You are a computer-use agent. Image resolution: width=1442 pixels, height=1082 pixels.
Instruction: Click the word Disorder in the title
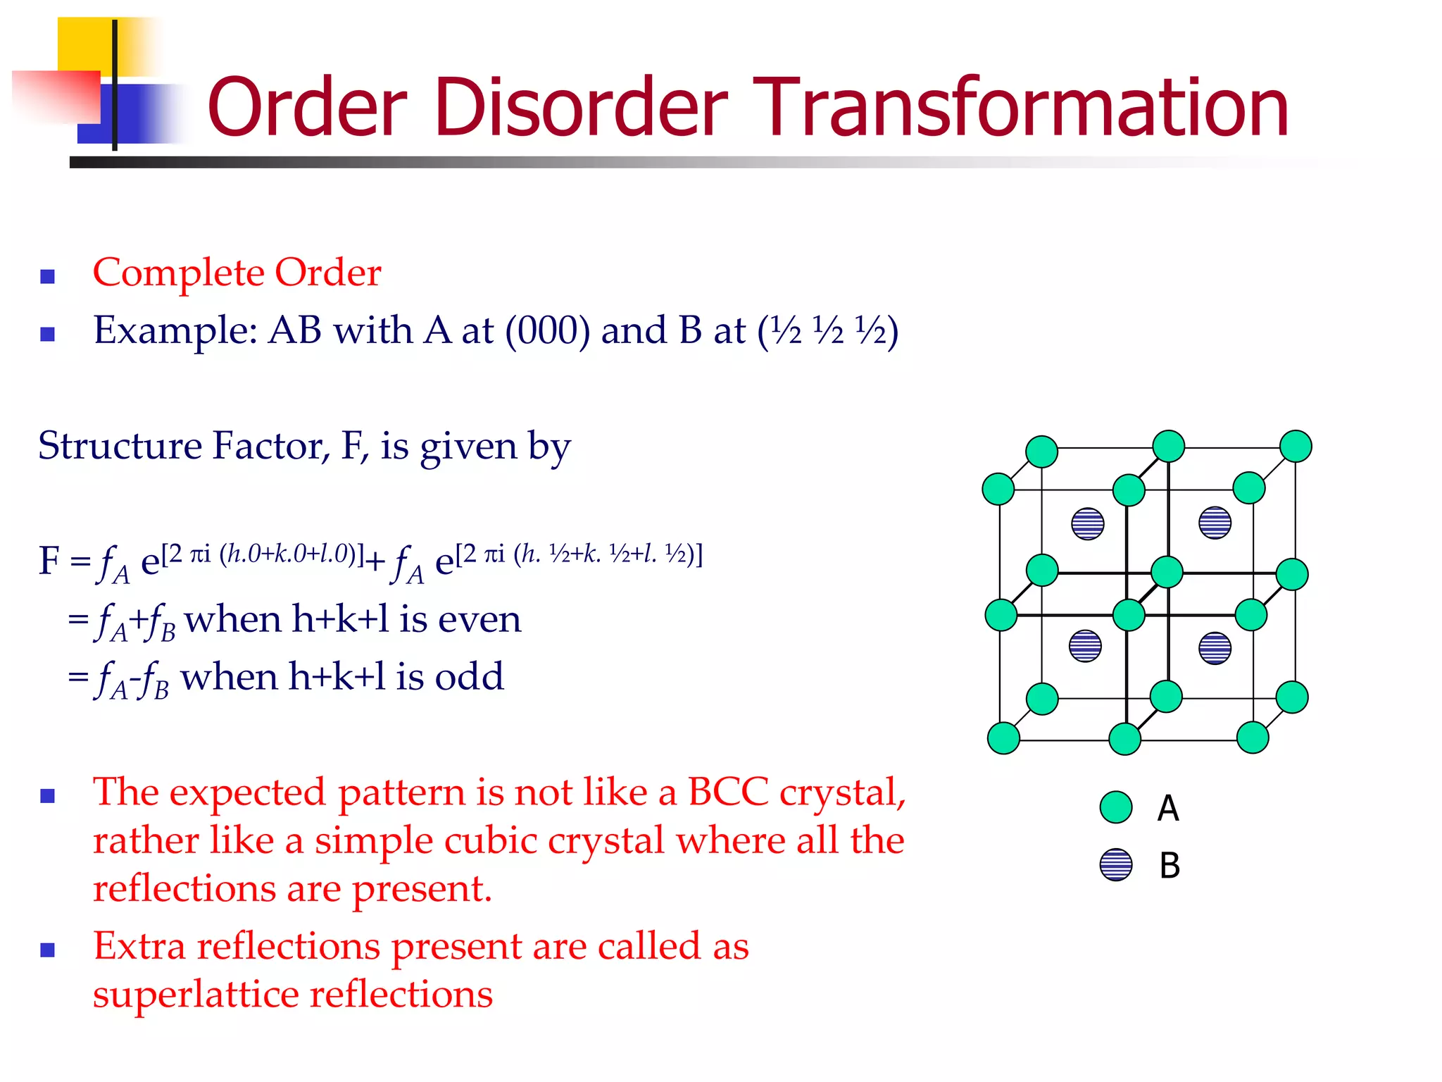pos(581,107)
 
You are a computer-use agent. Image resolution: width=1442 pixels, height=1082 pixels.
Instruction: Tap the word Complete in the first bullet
pos(178,273)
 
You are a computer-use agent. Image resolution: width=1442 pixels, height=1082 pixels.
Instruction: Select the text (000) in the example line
pos(547,330)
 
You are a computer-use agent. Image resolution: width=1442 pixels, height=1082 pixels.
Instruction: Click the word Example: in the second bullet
pos(175,330)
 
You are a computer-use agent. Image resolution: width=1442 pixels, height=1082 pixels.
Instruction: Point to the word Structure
pos(120,445)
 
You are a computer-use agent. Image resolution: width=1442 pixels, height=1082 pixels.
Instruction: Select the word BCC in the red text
pos(727,792)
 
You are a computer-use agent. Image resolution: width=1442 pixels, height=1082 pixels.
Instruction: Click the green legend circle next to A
pos(1116,807)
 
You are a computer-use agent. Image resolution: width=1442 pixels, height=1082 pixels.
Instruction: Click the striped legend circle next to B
pos(1116,864)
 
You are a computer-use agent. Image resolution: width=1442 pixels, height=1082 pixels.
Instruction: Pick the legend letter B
pos(1170,865)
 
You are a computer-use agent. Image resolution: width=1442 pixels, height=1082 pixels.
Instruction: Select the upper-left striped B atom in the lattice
pos(1088,523)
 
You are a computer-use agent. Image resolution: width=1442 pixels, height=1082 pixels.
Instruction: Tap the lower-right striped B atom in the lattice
pos(1215,648)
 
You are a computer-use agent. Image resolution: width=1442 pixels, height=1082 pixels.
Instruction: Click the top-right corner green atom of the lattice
pos(1296,447)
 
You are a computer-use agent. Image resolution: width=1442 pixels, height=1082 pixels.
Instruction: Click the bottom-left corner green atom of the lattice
pos(1003,738)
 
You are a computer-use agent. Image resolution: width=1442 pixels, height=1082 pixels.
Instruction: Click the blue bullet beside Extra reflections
pos(48,950)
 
